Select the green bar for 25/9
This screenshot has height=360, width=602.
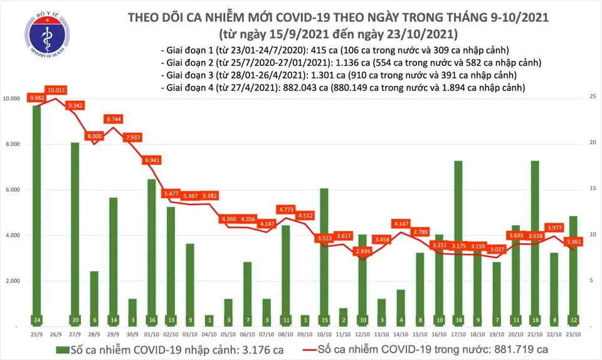(36, 213)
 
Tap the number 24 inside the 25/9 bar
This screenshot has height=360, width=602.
(36, 320)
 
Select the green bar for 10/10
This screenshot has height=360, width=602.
(323, 254)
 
